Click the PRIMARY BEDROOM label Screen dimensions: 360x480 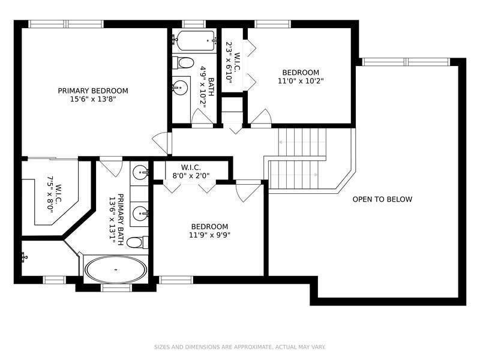point(93,91)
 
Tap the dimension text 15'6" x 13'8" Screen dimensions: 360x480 point(93,100)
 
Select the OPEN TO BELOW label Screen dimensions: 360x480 point(382,199)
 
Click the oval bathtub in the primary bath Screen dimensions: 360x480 point(115,270)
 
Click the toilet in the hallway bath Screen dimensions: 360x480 point(183,62)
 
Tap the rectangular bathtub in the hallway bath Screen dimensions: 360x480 point(194,42)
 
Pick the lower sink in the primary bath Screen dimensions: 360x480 point(140,212)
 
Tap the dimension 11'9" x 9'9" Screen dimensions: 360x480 point(210,235)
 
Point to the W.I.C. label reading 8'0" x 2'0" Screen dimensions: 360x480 point(191,172)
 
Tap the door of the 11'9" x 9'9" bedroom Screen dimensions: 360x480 point(248,191)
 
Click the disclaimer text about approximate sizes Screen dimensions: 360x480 point(240,347)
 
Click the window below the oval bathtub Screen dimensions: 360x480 point(116,287)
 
